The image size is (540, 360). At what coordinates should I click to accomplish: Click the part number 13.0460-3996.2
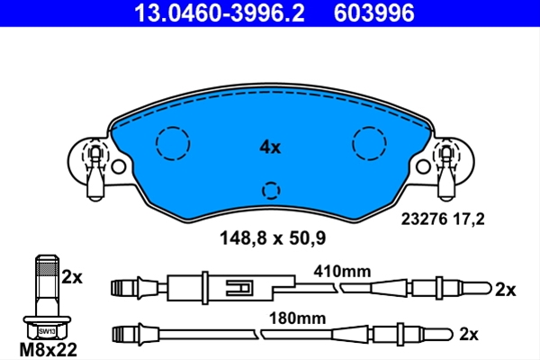220,13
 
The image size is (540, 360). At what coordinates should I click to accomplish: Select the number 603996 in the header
374,13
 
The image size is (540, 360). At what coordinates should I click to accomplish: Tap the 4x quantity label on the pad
270,148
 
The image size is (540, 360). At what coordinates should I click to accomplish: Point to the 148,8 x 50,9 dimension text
273,238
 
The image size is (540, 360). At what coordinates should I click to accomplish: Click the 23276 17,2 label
443,219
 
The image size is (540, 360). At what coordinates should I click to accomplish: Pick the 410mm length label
342,272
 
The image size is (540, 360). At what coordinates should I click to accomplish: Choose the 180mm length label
297,319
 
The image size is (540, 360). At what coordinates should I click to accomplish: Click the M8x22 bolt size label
49,350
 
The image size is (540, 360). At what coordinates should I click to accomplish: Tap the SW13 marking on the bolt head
47,331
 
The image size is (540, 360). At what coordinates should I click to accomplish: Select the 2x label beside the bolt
72,277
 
